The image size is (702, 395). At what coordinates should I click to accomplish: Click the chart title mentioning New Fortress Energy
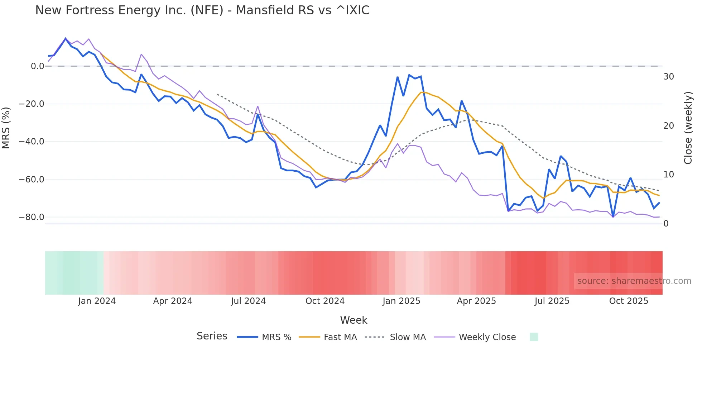[x=202, y=10]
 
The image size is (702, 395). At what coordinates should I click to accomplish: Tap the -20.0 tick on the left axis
[x=32, y=104]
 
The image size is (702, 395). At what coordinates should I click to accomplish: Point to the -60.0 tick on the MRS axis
[x=32, y=179]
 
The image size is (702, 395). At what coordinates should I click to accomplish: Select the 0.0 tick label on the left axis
[x=37, y=66]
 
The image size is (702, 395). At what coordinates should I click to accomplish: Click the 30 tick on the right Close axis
[x=668, y=77]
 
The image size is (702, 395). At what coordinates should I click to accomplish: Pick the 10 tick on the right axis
[x=668, y=175]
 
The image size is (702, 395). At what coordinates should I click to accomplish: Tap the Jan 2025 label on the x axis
[x=401, y=301]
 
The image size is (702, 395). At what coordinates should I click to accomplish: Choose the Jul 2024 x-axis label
[x=248, y=301]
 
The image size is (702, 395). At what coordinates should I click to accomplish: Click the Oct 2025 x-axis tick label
[x=629, y=301]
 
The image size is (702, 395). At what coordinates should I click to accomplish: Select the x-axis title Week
[x=354, y=320]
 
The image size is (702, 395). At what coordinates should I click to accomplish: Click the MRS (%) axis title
[x=6, y=128]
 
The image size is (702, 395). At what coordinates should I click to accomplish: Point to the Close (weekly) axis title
[x=688, y=128]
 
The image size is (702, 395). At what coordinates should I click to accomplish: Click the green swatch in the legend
[x=534, y=337]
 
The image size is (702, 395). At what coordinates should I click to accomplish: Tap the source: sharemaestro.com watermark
[x=634, y=281]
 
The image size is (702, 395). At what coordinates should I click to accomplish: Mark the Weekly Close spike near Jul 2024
[x=258, y=106]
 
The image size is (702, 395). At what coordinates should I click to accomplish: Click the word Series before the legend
[x=212, y=336]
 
